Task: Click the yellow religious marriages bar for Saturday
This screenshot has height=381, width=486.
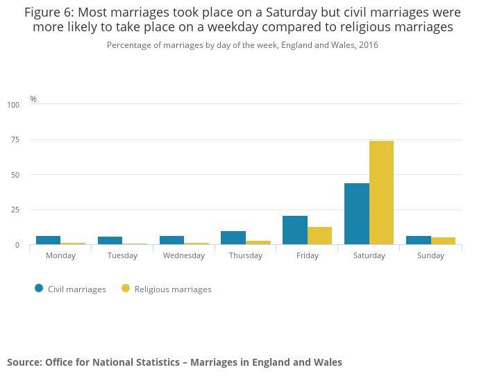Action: pyautogui.click(x=381, y=192)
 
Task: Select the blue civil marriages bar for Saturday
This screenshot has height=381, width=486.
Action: pyautogui.click(x=357, y=214)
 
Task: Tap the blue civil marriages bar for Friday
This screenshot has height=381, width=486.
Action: pyautogui.click(x=295, y=230)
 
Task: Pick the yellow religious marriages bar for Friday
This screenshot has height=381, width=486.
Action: pyautogui.click(x=319, y=235)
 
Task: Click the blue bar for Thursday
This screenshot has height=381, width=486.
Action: pyautogui.click(x=233, y=237)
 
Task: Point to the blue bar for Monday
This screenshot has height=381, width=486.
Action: pyautogui.click(x=48, y=240)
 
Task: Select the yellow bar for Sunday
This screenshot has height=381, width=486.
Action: pyautogui.click(x=443, y=241)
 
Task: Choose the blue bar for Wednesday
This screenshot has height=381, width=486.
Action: pyautogui.click(x=171, y=240)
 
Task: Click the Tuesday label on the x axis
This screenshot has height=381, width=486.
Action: pyautogui.click(x=122, y=255)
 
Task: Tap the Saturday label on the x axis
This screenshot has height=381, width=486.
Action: pyautogui.click(x=369, y=255)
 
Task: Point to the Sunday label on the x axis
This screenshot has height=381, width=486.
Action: pyautogui.click(x=430, y=255)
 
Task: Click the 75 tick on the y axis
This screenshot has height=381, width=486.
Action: pyautogui.click(x=15, y=140)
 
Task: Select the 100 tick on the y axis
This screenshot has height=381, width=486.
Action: pyautogui.click(x=13, y=105)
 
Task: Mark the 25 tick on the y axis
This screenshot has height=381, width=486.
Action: pyautogui.click(x=15, y=210)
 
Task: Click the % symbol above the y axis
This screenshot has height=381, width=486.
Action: pyautogui.click(x=33, y=99)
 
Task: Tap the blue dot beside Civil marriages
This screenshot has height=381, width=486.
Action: pyautogui.click(x=39, y=289)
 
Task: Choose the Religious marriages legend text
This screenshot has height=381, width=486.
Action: pyautogui.click(x=173, y=289)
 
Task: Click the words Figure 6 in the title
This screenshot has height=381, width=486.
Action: pyautogui.click(x=49, y=12)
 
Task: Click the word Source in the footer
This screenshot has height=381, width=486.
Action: pyautogui.click(x=24, y=362)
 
